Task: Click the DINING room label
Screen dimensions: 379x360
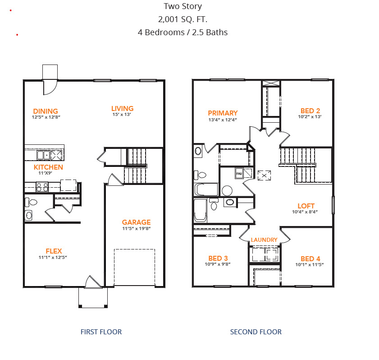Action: [46, 111]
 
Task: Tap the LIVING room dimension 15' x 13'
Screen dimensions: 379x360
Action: [122, 115]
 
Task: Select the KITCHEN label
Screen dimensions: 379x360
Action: [48, 167]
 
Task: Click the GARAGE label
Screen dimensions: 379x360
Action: [137, 222]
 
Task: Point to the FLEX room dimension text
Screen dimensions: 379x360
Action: [53, 258]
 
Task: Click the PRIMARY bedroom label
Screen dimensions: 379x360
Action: [223, 113]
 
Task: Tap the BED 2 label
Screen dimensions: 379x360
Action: [311, 111]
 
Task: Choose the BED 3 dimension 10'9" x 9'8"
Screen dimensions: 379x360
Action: [218, 264]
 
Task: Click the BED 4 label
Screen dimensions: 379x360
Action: [311, 258]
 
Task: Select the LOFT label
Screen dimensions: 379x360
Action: [306, 206]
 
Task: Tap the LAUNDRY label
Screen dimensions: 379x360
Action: [264, 240]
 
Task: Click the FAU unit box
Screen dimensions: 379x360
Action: [239, 174]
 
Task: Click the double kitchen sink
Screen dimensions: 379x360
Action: [43, 155]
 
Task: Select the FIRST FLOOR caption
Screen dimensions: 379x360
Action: [101, 332]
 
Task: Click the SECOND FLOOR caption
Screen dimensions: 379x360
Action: [256, 332]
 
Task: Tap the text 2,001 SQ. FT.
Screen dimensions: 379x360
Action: [183, 19]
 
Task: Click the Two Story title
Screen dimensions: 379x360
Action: [183, 6]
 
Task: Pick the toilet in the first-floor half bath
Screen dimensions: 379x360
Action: [31, 202]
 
